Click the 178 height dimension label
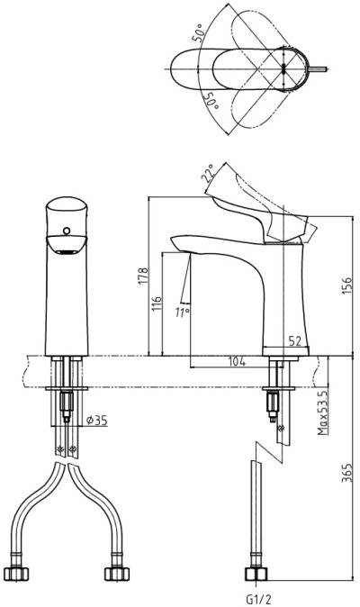143,276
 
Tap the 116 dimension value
157,305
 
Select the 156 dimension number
346,285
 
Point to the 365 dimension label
346,473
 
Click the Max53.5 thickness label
322,412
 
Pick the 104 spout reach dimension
237,361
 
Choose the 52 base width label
294,340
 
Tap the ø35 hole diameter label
96,420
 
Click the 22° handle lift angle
207,173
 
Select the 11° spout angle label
182,313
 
